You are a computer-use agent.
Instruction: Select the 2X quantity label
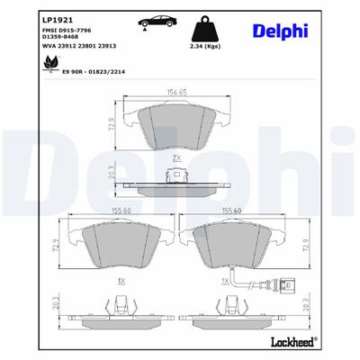pyautogui.click(x=176, y=157)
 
